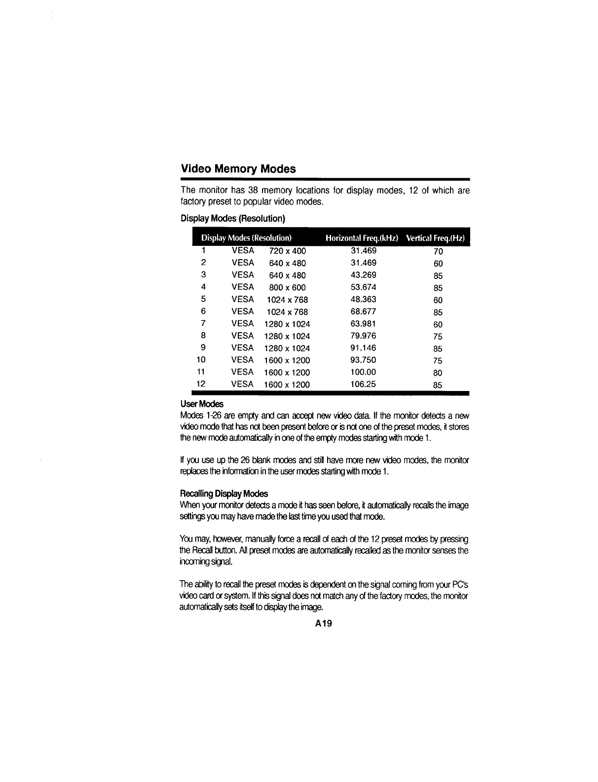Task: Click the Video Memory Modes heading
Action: tap(238, 169)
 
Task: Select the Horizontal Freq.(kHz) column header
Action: tap(362, 238)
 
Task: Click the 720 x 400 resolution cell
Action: tap(287, 251)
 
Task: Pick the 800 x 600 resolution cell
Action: tap(287, 287)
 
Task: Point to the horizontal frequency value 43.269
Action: tap(363, 275)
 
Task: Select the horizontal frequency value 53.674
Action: tap(363, 287)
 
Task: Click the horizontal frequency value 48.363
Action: tap(363, 299)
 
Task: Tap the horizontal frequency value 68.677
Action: tap(363, 312)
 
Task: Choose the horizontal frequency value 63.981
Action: tap(363, 323)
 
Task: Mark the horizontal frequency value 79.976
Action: tap(363, 336)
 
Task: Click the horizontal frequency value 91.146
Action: tap(363, 348)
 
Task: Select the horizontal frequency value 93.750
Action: tap(363, 360)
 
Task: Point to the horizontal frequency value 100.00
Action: tap(363, 372)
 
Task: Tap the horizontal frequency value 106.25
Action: tap(363, 384)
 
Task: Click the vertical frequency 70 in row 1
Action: tap(438, 251)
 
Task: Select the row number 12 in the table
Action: tap(201, 384)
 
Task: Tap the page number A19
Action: tap(324, 624)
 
